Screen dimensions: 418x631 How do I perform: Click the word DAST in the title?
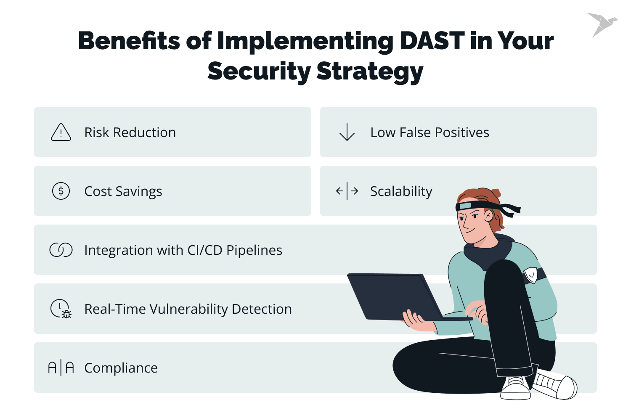click(x=432, y=41)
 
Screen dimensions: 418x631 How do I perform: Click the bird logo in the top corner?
click(x=602, y=24)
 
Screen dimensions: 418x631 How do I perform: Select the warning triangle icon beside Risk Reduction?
click(x=61, y=132)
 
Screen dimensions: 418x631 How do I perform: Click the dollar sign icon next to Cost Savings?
click(x=61, y=191)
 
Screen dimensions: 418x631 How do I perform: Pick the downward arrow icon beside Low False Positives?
click(x=347, y=132)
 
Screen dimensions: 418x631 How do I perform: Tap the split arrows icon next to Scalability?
click(x=347, y=191)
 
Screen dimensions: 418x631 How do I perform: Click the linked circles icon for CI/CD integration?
click(x=61, y=250)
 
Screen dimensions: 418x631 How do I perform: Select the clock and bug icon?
click(x=61, y=309)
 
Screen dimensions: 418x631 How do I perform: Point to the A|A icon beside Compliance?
click(x=61, y=368)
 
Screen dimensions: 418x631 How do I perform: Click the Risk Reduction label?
click(x=130, y=132)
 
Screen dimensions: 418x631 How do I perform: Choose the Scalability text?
click(x=401, y=191)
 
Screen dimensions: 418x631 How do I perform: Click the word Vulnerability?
click(x=188, y=309)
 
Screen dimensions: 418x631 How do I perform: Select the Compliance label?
click(x=121, y=368)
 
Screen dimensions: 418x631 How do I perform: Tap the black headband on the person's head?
click(x=480, y=206)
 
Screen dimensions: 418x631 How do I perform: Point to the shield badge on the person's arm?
click(x=531, y=275)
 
